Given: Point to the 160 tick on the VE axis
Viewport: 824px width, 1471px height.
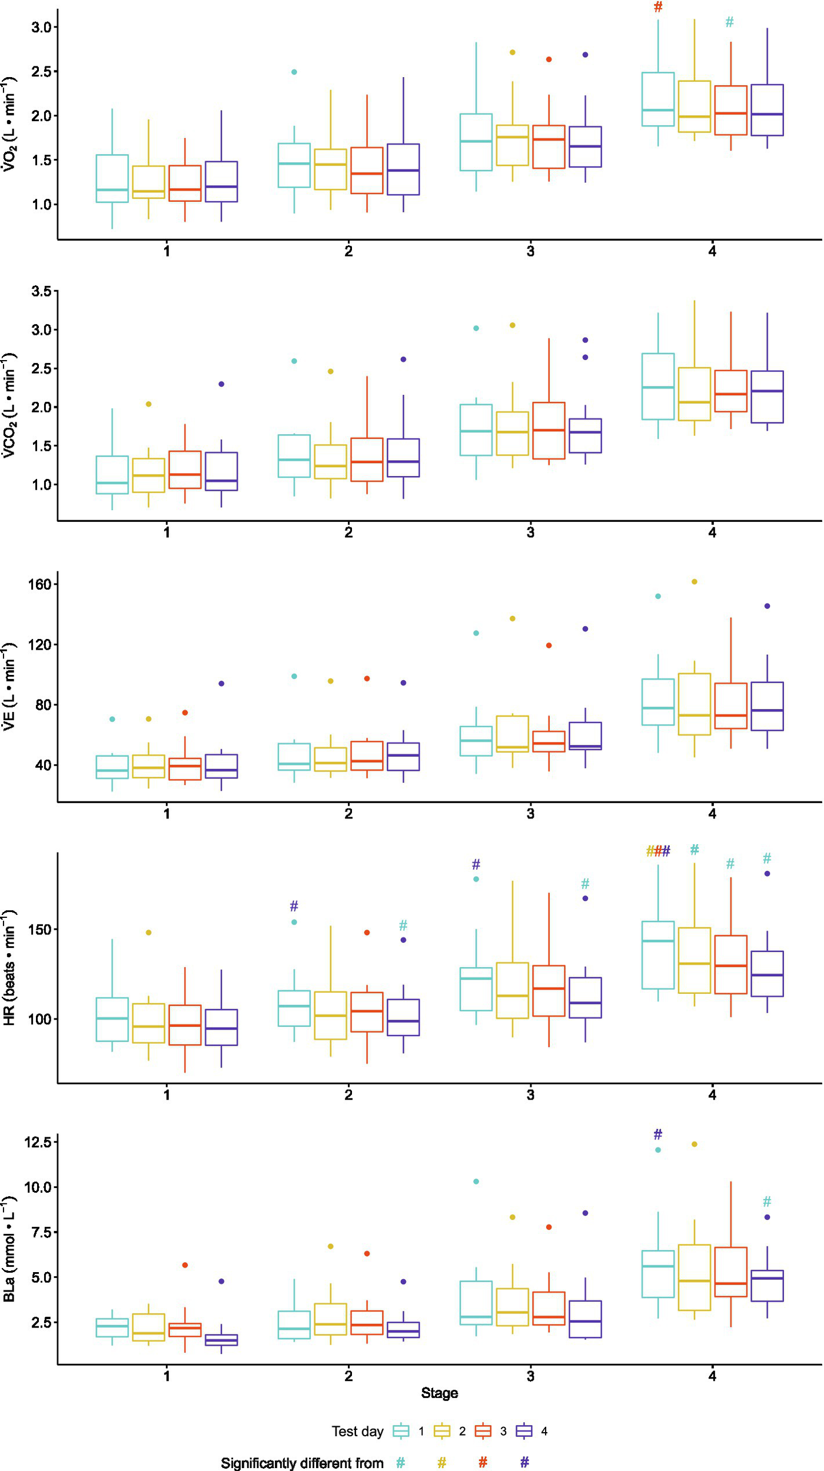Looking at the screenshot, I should click(x=40, y=584).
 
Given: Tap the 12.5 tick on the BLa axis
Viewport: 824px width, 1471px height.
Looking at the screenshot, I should click(x=39, y=1142).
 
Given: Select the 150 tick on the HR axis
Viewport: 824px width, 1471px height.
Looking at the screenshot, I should click(x=40, y=930).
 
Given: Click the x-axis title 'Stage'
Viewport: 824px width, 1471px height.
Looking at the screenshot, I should click(x=439, y=1393).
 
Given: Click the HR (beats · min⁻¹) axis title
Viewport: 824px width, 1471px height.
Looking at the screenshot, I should click(x=9, y=968).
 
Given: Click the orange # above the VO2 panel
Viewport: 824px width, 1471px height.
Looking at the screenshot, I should click(x=658, y=7).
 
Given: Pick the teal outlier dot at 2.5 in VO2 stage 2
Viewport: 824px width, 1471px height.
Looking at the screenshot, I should click(x=294, y=72).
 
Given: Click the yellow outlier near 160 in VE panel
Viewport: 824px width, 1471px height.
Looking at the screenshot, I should click(x=695, y=582).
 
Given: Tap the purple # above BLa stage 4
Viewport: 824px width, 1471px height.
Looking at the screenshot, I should click(x=658, y=1134).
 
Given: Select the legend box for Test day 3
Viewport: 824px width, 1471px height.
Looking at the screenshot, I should click(x=483, y=1432).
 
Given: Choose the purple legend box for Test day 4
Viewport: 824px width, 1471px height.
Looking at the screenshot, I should click(x=524, y=1432).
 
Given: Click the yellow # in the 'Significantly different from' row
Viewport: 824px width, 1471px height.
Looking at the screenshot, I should click(x=441, y=1462).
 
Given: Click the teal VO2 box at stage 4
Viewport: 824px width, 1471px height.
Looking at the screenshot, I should click(x=658, y=99).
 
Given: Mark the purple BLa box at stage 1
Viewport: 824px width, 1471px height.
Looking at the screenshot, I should click(x=221, y=1340).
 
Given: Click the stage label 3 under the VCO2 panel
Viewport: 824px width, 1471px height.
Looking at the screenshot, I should click(x=530, y=533).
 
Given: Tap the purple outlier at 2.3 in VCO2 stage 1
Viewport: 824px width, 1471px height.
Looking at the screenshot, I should click(x=221, y=384).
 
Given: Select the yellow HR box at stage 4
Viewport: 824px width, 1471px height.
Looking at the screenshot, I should click(x=695, y=960).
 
